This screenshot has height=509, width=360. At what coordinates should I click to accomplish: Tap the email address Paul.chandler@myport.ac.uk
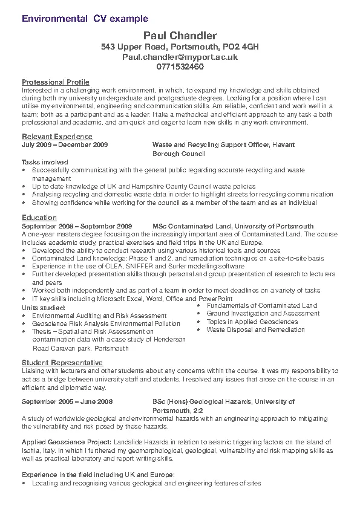point(180,56)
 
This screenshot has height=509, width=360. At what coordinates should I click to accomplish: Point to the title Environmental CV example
point(85,19)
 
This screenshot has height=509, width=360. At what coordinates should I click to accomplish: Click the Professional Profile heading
point(56,82)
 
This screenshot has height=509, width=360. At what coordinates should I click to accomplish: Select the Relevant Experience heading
point(53,137)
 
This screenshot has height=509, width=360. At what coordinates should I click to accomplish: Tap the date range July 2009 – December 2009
point(65,145)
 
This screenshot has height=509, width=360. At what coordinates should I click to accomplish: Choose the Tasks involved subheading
point(45,162)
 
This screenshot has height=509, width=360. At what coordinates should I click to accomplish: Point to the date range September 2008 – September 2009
point(76,225)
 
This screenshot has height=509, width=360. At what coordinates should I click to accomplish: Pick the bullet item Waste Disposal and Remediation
point(255,330)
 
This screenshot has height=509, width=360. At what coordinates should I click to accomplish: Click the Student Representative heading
point(62,361)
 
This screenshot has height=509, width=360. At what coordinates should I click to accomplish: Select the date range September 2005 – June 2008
point(67,401)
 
